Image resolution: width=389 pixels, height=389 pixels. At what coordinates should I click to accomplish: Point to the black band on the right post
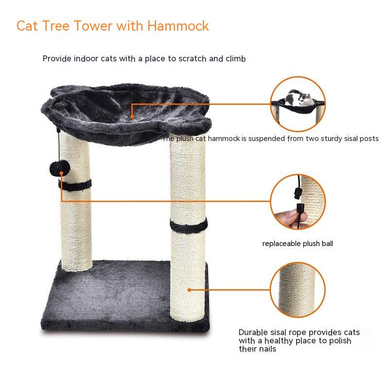coord(189,225)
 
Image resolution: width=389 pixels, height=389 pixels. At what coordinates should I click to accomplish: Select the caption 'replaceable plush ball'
coord(298,244)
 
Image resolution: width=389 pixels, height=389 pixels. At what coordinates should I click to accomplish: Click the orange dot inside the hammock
coord(132,116)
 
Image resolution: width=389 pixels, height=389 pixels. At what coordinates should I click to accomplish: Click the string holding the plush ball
coord(59,146)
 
